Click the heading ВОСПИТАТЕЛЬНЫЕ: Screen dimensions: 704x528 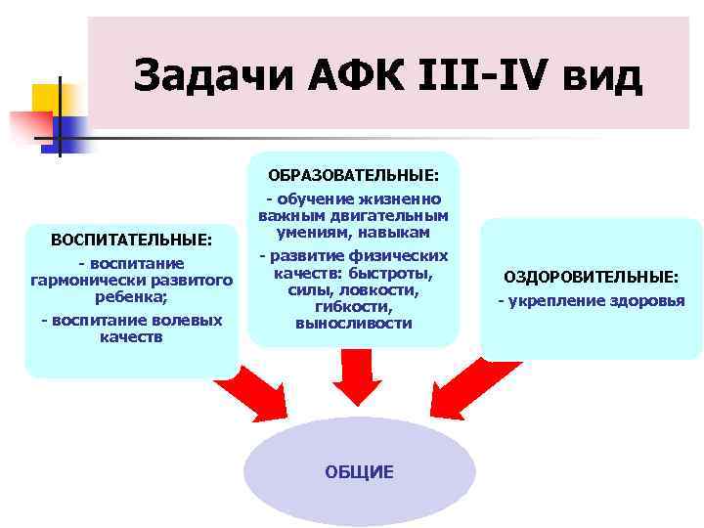point(131,241)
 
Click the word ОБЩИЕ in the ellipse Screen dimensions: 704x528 point(359,472)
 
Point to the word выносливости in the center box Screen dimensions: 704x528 point(353,323)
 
